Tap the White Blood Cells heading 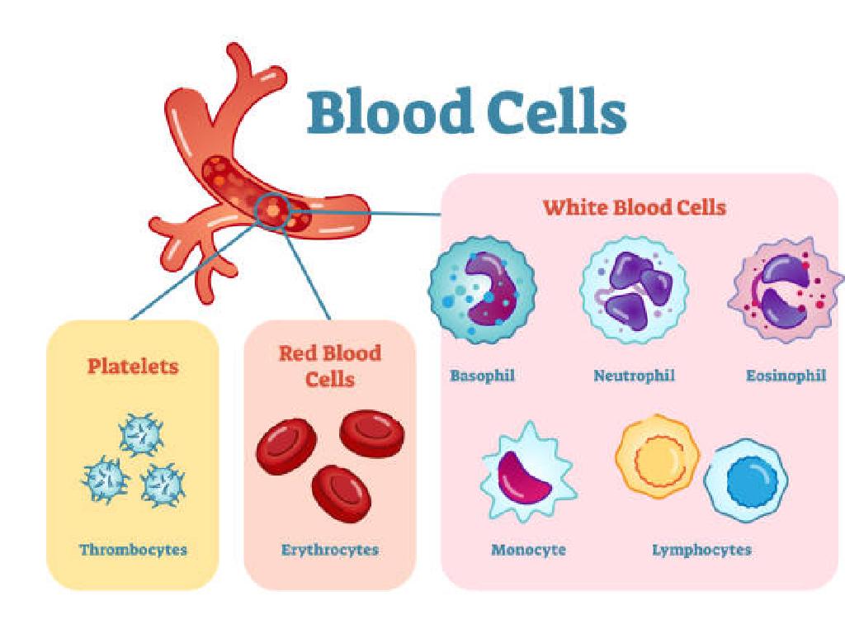click(x=634, y=206)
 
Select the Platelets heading click(x=132, y=366)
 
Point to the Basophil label click(x=482, y=376)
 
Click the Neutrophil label click(x=634, y=376)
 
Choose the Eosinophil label click(x=786, y=376)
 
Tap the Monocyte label click(x=528, y=549)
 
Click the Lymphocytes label click(x=701, y=549)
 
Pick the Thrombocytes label click(x=133, y=549)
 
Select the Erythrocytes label click(x=329, y=549)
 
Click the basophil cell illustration click(x=482, y=290)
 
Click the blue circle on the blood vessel click(x=271, y=210)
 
